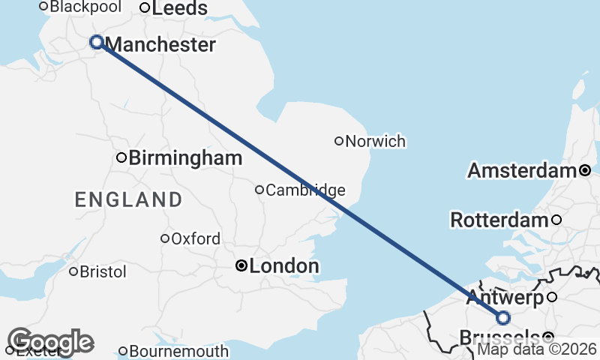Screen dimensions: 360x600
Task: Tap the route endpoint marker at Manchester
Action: pos(97,42)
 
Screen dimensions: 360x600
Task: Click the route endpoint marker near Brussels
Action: pos(503,317)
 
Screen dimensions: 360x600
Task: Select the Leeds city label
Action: pos(179,8)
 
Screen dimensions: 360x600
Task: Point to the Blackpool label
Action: pos(85,7)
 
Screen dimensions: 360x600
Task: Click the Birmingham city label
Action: pos(185,158)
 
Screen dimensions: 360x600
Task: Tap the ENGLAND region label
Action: pos(128,199)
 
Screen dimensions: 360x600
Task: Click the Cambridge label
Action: pos(305,190)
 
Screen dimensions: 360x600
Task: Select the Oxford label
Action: pos(196,239)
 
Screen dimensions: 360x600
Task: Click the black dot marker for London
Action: pos(241,265)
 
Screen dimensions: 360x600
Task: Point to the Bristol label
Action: pos(103,271)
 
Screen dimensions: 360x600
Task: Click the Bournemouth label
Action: pos(178,351)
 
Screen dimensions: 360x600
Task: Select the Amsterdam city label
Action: pos(523,171)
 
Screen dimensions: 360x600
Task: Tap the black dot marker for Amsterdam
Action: pos(585,170)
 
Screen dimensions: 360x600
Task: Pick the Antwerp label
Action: pos(504,298)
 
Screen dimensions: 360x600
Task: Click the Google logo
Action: pos(50,342)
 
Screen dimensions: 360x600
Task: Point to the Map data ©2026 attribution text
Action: pos(537,349)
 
